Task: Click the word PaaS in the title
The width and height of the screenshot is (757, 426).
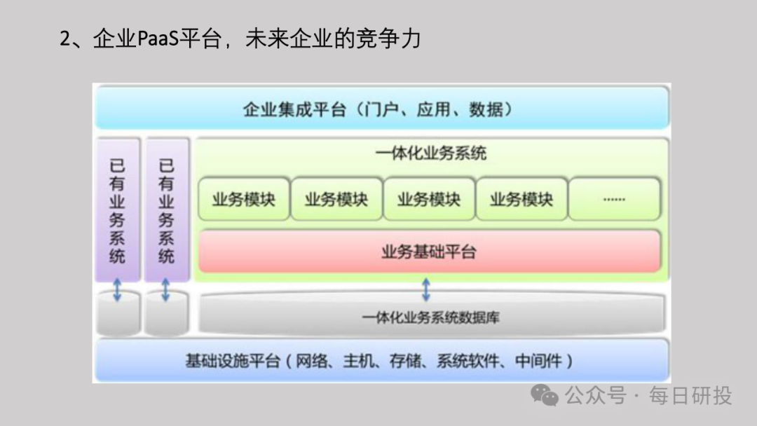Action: coord(158,39)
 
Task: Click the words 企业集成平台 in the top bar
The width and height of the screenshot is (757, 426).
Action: coord(294,110)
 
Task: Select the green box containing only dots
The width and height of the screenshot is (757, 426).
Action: coord(614,199)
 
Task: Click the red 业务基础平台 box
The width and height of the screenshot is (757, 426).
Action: coord(429,252)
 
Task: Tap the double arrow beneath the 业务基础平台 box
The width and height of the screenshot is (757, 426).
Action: coord(425,289)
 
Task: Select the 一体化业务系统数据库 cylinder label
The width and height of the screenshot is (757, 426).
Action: coord(430,317)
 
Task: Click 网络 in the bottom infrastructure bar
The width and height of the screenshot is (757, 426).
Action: coord(311,362)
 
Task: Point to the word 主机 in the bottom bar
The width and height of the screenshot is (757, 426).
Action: coord(358,362)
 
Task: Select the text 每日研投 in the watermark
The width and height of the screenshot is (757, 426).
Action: coord(690,396)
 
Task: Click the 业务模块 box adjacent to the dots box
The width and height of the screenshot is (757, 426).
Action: coord(521,199)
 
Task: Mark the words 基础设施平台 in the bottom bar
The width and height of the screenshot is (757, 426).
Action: coord(233,362)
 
